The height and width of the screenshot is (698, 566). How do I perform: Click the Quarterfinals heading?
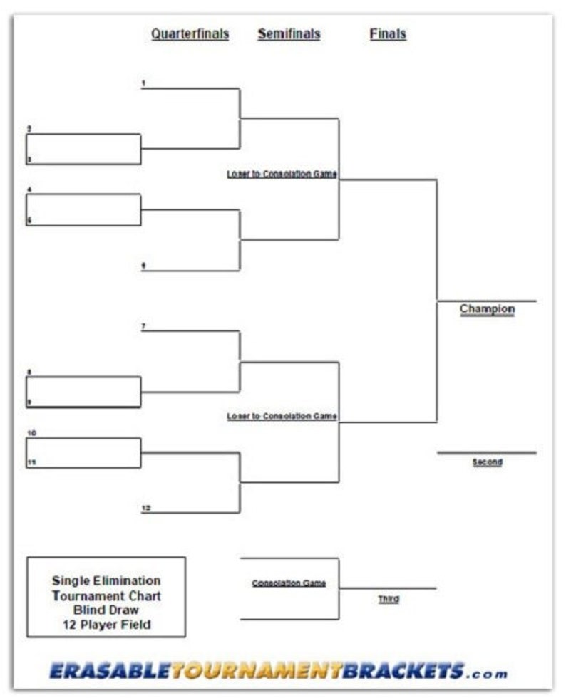[190, 34]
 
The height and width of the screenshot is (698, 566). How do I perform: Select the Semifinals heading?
[289, 34]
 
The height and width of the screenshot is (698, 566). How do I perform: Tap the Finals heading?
[388, 34]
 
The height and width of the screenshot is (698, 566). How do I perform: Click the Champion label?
[487, 309]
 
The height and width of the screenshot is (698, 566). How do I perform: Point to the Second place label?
[487, 462]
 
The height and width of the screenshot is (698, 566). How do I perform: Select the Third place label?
[389, 600]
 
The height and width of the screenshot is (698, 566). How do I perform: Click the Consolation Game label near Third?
[289, 583]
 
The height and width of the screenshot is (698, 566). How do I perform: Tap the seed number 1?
[143, 84]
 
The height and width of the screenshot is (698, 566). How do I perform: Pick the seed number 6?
[143, 266]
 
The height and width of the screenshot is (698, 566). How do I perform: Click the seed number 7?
[143, 326]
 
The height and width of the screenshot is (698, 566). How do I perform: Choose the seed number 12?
[145, 508]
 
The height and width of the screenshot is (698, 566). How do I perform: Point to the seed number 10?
[31, 433]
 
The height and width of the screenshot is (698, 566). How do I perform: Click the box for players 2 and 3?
[83, 149]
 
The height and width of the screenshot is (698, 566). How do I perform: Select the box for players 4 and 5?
[83, 209]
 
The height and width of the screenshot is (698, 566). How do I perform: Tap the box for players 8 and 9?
[83, 392]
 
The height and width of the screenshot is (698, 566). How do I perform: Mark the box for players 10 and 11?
[83, 453]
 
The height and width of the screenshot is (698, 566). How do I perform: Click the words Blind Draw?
[106, 610]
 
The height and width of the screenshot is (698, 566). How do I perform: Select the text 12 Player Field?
[106, 625]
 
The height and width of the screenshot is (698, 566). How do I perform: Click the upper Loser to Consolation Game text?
[282, 174]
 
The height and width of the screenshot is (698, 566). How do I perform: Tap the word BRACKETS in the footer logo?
[403, 670]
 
